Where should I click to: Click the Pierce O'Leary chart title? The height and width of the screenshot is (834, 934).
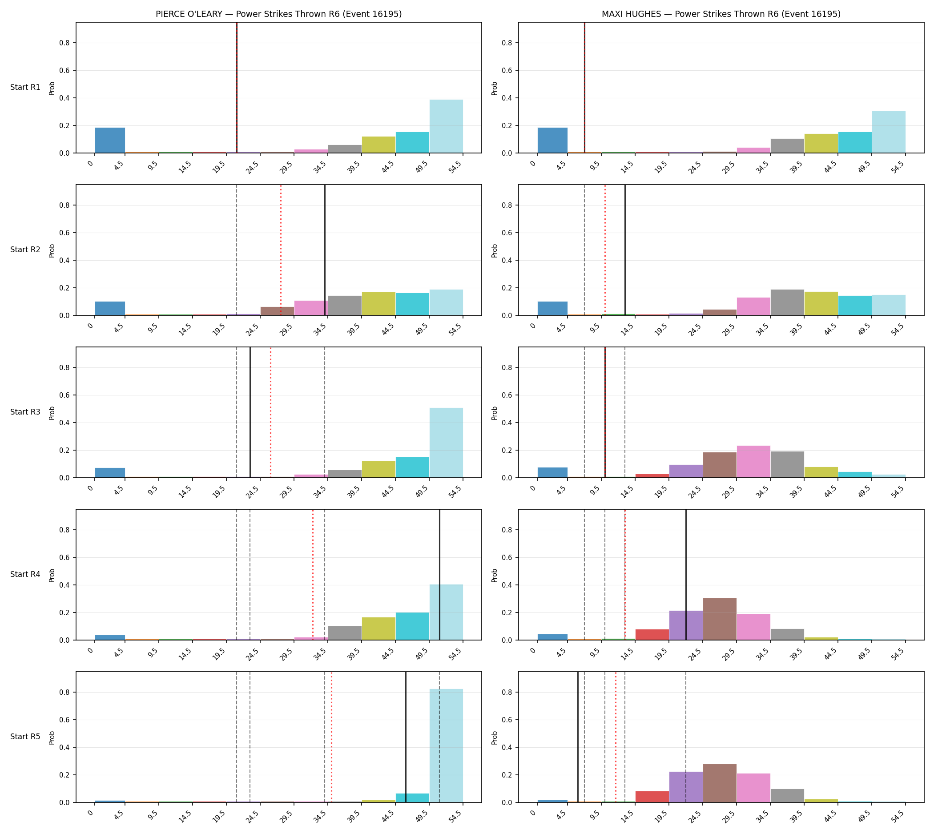[x=278, y=14]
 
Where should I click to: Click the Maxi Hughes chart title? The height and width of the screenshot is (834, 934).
[x=721, y=14]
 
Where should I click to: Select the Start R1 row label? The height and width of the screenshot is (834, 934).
[x=25, y=87]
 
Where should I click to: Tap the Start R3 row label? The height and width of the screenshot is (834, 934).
[x=25, y=412]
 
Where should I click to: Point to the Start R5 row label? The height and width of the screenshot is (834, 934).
[x=25, y=737]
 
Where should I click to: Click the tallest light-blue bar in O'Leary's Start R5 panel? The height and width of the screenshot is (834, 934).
[x=446, y=745]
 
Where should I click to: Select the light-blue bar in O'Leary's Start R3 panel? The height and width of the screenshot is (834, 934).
[x=446, y=443]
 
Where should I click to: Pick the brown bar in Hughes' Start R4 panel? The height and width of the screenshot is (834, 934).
[x=720, y=619]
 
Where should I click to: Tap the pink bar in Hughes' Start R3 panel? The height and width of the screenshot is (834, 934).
[x=753, y=461]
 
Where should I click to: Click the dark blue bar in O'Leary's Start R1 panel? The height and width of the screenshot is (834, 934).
[x=110, y=140]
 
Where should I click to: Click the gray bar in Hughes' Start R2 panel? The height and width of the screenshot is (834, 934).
[x=787, y=302]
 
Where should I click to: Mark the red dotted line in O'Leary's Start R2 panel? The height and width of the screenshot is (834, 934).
[x=281, y=250]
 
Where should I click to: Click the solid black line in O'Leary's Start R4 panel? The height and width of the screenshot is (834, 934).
[x=439, y=575]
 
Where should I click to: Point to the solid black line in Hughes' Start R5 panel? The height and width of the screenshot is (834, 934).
[x=578, y=737]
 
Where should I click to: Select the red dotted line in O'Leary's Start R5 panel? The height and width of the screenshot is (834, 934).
[x=331, y=737]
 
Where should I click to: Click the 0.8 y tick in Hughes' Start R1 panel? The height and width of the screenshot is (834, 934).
[x=509, y=43]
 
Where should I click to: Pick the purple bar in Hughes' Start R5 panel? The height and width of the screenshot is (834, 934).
[x=686, y=787]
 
